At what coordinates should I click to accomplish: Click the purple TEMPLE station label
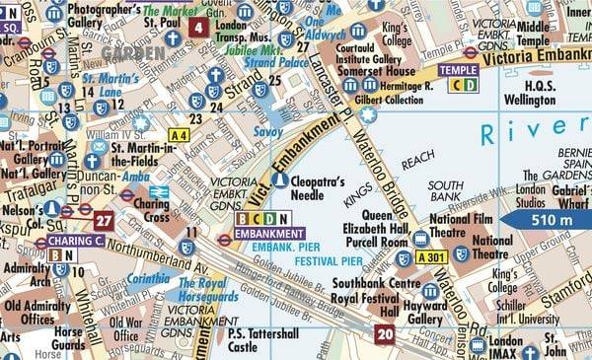tap(458, 70)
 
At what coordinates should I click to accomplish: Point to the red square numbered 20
tap(384, 335)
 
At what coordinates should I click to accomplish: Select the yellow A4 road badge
tap(179, 135)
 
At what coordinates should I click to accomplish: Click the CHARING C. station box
tap(75, 240)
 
